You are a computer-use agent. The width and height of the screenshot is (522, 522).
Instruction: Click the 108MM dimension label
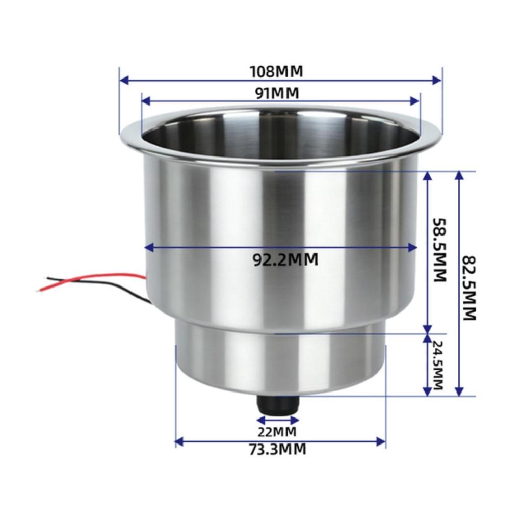[x=277, y=71]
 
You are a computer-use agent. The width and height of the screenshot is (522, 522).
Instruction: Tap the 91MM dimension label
[x=277, y=93]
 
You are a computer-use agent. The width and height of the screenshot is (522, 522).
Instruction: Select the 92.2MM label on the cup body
[x=286, y=259]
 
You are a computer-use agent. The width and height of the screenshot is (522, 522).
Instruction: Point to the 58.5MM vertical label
[x=439, y=250]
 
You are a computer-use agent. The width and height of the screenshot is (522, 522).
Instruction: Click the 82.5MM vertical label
[x=470, y=288]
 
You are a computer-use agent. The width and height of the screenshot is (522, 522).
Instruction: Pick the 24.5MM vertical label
[x=437, y=364]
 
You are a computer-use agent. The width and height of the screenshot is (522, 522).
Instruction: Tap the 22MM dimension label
[x=277, y=432]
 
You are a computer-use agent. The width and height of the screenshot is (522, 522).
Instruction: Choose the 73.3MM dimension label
[x=277, y=450]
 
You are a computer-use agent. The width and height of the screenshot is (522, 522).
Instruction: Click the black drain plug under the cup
[x=278, y=405]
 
